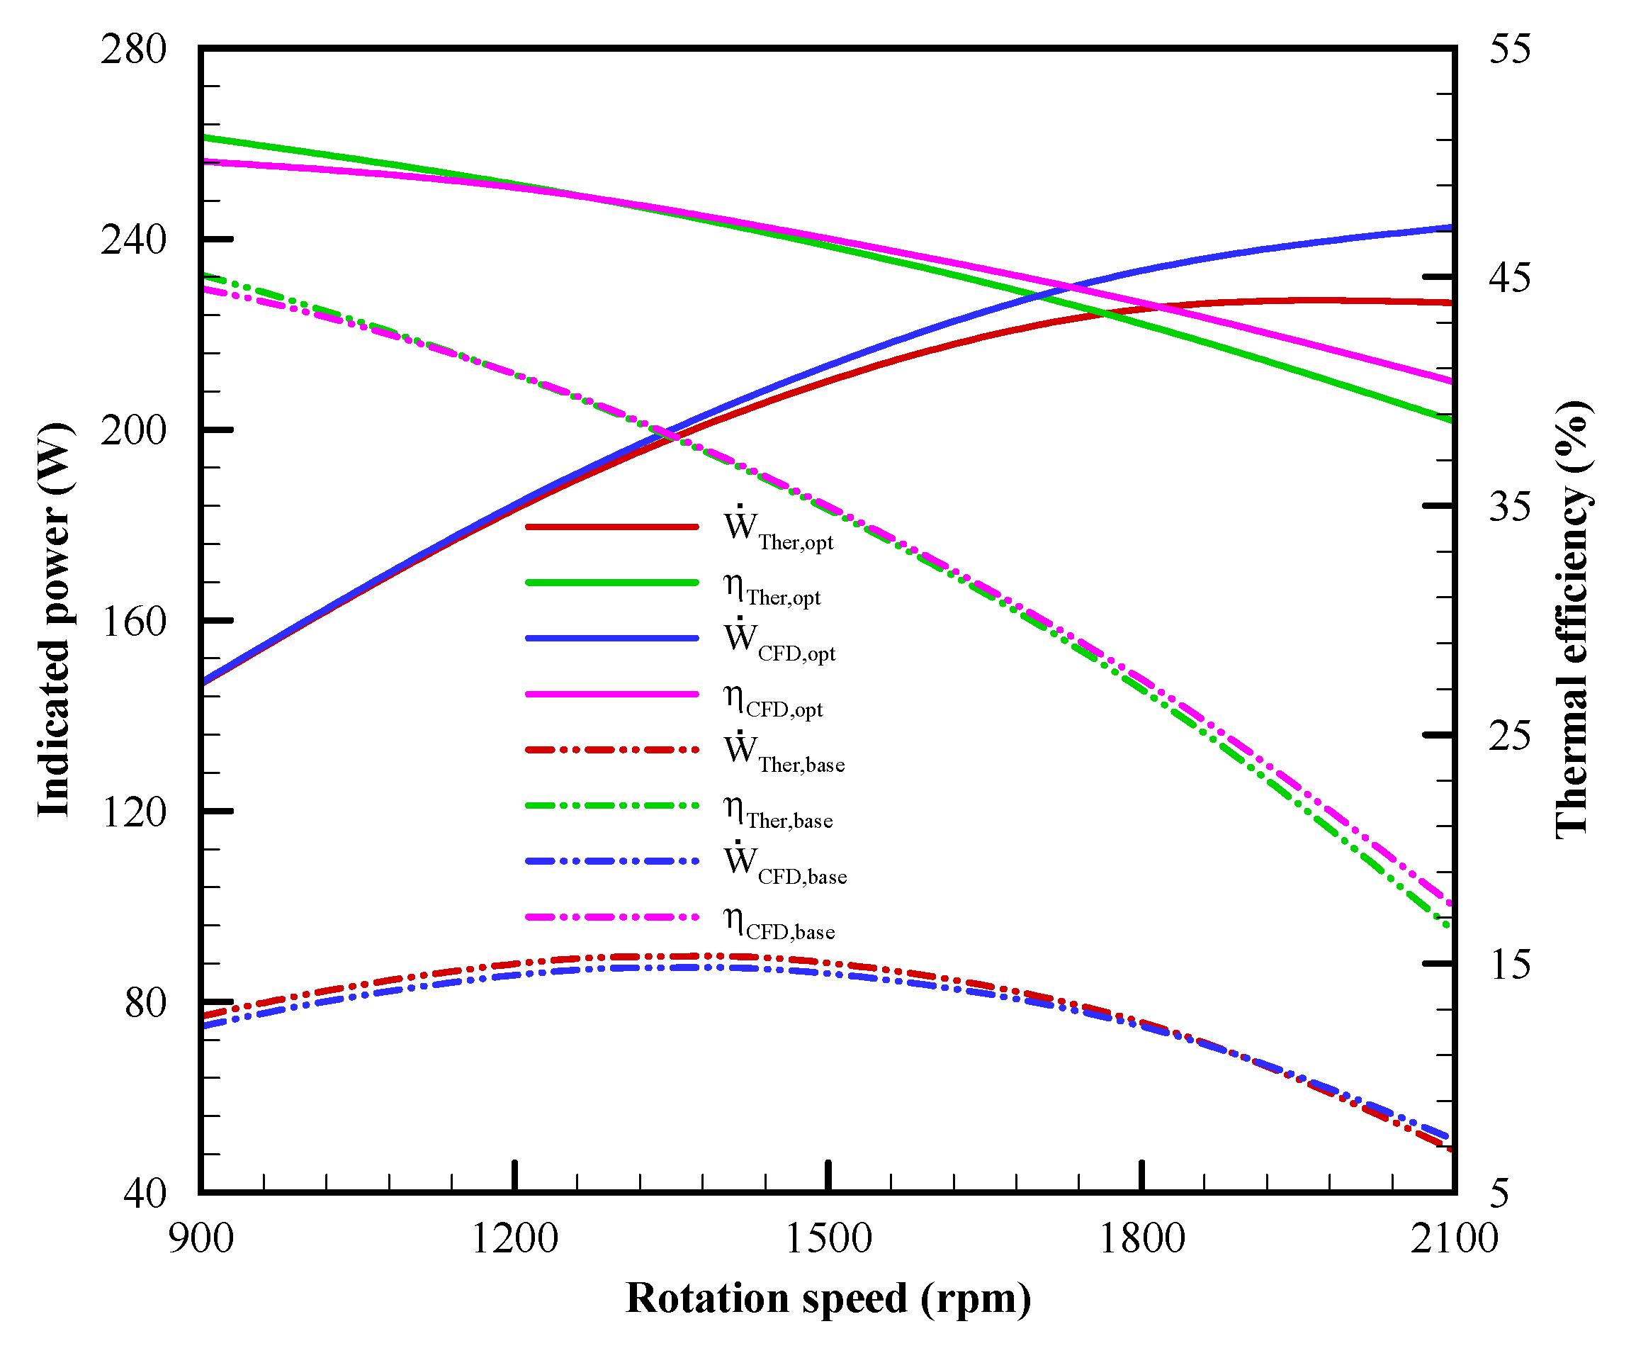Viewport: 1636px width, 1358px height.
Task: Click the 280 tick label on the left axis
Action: [133, 49]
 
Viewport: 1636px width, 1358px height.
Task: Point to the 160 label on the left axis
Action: [133, 621]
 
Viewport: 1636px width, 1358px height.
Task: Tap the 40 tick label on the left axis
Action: [144, 1193]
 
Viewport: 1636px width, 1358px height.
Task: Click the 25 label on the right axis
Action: [1509, 735]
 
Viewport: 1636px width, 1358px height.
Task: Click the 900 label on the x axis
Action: [201, 1238]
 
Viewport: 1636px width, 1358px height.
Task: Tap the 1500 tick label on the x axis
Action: [828, 1238]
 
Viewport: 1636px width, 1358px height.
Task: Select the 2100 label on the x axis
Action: [1454, 1238]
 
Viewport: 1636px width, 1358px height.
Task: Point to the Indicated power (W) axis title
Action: [55, 620]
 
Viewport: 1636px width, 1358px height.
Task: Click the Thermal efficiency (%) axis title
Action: [1572, 620]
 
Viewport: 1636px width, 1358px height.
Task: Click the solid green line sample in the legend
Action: [611, 582]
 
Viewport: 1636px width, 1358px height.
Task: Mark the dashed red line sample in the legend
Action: [611, 749]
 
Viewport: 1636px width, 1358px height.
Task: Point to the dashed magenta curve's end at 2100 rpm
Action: [1450, 905]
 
